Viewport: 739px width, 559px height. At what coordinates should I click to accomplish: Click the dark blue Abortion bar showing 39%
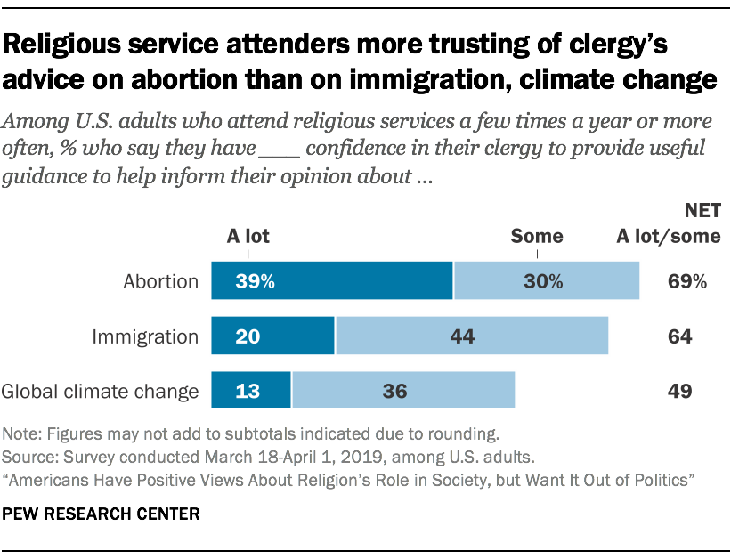[x=331, y=281]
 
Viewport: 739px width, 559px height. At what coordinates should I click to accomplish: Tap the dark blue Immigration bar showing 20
[x=272, y=336]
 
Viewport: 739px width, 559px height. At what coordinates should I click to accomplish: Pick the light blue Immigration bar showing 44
[x=471, y=336]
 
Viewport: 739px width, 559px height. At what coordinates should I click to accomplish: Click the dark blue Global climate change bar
[x=251, y=391]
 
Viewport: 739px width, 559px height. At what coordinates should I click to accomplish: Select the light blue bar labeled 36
[x=403, y=391]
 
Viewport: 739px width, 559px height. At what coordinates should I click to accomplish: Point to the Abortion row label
[x=161, y=282]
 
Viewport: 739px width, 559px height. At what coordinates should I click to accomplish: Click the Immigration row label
[x=146, y=336]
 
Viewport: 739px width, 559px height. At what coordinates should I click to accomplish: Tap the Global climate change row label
[x=101, y=391]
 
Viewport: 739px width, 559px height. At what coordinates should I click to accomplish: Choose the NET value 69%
[x=686, y=282]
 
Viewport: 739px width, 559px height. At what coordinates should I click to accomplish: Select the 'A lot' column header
[x=248, y=237]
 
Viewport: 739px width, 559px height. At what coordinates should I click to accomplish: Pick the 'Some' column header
[x=536, y=237]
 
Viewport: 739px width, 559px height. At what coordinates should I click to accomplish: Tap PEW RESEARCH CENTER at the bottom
[x=102, y=514]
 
